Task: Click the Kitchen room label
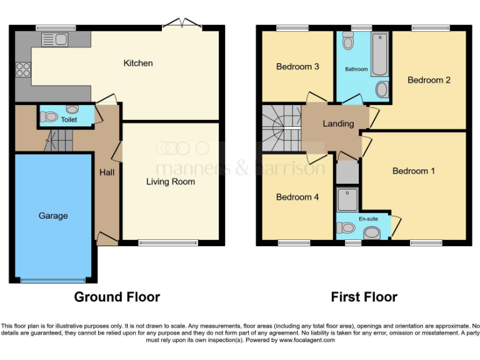point(137,63)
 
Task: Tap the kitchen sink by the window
point(54,40)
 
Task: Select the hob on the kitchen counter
point(23,69)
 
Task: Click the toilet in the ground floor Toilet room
point(49,117)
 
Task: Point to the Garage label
point(53,216)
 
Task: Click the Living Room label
point(171,182)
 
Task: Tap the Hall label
point(107,172)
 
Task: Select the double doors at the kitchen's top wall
point(182,25)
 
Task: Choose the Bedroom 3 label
point(297,66)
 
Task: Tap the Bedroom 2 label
point(429,80)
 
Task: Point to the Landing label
point(338,124)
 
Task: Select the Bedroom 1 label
point(414,171)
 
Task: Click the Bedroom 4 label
point(297,197)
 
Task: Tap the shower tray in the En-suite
point(347,199)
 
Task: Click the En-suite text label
point(368,219)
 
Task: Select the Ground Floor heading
point(117,297)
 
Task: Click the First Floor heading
point(364,297)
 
